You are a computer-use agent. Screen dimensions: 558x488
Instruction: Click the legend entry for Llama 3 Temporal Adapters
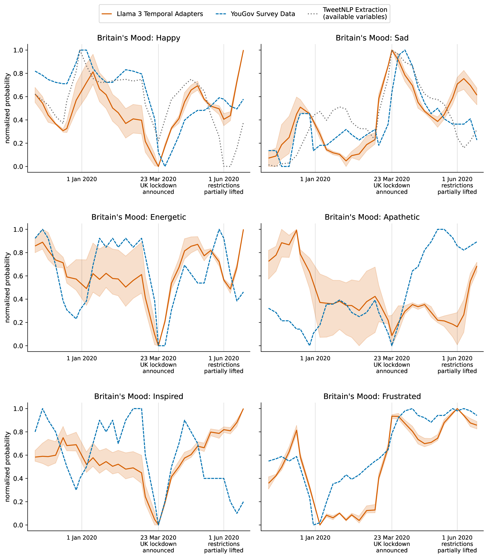(x=159, y=14)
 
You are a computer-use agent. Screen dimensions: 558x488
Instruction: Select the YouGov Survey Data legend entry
(x=263, y=14)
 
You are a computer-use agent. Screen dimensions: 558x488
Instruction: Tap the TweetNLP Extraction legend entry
(x=354, y=13)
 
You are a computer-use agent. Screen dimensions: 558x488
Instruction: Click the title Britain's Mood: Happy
(x=139, y=38)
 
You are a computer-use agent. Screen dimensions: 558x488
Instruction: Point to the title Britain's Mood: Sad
(x=372, y=38)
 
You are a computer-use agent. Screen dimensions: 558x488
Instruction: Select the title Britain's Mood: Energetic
(x=139, y=217)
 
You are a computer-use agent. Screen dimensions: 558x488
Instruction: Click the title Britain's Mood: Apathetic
(x=372, y=217)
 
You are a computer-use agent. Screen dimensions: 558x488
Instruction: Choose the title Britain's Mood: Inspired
(x=139, y=396)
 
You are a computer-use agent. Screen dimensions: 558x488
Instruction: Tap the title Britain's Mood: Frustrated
(x=372, y=396)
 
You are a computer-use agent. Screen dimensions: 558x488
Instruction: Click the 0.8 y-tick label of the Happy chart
(x=19, y=74)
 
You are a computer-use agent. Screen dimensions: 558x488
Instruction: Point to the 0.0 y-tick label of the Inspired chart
(x=19, y=525)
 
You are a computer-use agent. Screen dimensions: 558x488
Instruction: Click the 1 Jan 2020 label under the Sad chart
(x=315, y=179)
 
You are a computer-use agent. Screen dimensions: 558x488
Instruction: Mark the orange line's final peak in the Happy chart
(x=243, y=50)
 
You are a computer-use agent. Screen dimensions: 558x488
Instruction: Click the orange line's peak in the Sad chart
(x=392, y=50)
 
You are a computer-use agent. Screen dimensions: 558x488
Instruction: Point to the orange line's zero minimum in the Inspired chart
(x=158, y=525)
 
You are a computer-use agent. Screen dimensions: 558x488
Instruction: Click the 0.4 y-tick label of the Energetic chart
(x=19, y=299)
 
